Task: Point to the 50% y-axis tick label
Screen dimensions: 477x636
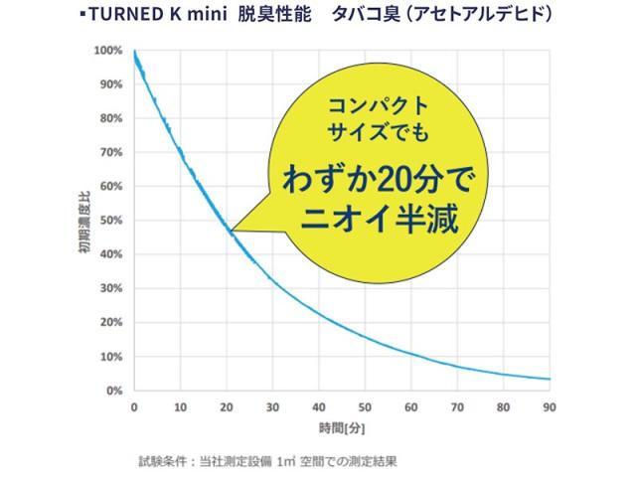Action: click(109, 221)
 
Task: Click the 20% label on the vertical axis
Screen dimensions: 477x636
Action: click(109, 322)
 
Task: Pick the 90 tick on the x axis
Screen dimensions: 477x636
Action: click(550, 406)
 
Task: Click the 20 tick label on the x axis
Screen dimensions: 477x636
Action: click(227, 406)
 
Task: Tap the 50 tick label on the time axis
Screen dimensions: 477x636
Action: click(365, 406)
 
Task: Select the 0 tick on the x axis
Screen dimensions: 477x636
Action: click(134, 406)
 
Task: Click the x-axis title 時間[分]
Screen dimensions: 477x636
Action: click(341, 427)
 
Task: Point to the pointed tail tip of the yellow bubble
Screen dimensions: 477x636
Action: click(230, 233)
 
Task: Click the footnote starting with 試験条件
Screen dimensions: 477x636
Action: click(268, 460)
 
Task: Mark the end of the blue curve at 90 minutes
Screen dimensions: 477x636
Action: click(550, 379)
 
